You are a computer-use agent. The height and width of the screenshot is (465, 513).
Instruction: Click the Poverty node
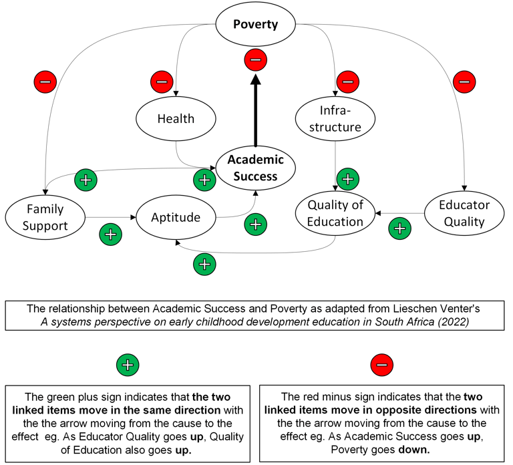point(255,25)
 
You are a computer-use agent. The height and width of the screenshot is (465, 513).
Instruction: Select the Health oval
point(176,119)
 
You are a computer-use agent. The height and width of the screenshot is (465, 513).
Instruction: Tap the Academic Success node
point(255,168)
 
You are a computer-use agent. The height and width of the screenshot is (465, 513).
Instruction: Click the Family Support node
point(45,216)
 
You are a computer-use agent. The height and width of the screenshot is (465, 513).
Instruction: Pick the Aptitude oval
point(176,217)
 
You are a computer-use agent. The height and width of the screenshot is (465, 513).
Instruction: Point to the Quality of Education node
point(335,213)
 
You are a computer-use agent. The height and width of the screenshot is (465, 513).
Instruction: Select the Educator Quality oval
point(464,213)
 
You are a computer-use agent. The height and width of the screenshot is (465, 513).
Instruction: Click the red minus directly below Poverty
point(255,60)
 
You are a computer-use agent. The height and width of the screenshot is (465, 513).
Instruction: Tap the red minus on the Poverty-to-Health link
point(162,82)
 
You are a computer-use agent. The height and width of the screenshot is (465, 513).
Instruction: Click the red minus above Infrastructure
point(347,82)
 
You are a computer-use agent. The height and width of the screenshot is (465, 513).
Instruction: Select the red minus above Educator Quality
point(464,82)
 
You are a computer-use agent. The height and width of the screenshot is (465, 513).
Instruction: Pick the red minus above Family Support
point(45,82)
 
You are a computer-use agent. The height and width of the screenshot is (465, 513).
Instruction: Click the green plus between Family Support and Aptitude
point(110,235)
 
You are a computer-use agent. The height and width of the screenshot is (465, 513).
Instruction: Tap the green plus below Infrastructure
point(347,178)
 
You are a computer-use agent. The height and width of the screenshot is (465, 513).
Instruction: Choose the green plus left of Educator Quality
point(399,228)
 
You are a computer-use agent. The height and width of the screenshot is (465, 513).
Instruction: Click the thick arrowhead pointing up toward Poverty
point(255,82)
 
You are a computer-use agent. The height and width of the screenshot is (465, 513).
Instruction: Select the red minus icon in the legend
point(381,365)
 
